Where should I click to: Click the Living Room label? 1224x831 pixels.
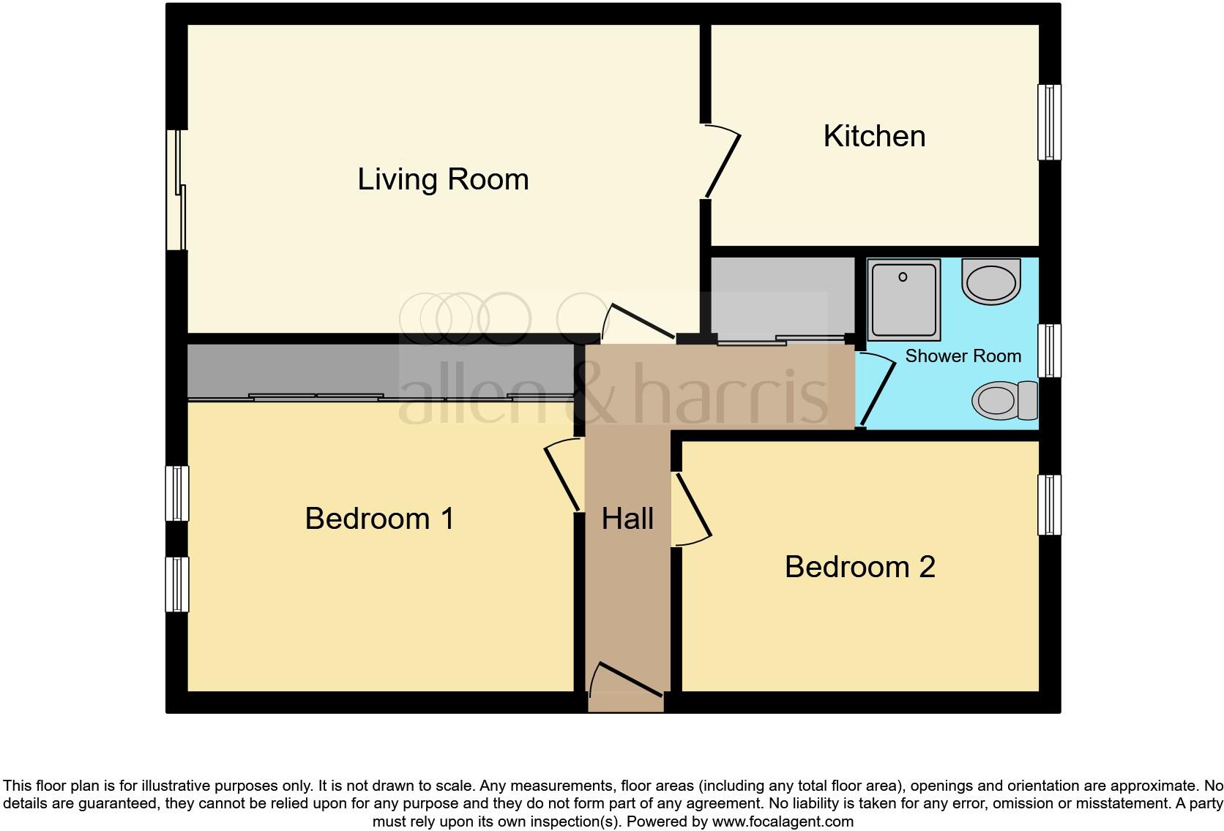tap(442, 179)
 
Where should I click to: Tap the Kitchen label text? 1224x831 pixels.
tap(874, 136)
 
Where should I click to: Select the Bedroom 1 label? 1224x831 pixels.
tap(379, 519)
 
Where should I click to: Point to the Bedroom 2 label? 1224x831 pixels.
tap(859, 567)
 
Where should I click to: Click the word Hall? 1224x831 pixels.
tap(627, 519)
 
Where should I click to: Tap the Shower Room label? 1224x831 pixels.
tap(963, 356)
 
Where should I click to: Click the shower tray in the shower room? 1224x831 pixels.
tap(903, 299)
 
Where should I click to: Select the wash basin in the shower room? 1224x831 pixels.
tap(990, 281)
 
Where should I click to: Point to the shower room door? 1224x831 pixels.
tap(878, 391)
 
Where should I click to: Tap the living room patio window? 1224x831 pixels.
tap(176, 190)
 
